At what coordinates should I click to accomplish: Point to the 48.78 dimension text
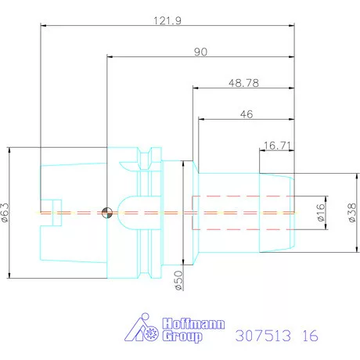click(x=243, y=81)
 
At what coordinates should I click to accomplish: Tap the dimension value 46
click(x=245, y=113)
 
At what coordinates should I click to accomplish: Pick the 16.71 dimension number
click(x=277, y=145)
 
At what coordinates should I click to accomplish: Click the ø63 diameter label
click(x=6, y=213)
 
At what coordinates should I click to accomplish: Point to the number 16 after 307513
click(x=309, y=337)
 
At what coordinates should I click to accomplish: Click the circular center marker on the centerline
click(x=106, y=212)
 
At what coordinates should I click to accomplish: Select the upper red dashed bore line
click(x=243, y=195)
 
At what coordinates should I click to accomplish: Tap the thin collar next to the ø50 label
click(x=186, y=213)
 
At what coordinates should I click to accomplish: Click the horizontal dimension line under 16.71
click(x=277, y=152)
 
